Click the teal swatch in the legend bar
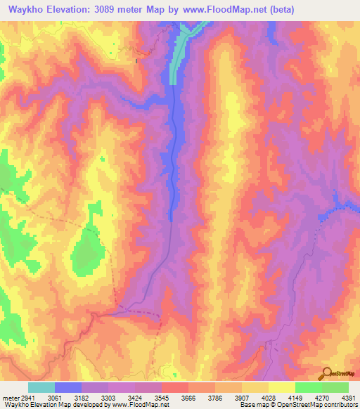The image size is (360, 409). coord(41,387)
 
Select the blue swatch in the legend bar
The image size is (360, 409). coord(68,387)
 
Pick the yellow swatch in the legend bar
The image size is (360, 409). coord(282,387)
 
